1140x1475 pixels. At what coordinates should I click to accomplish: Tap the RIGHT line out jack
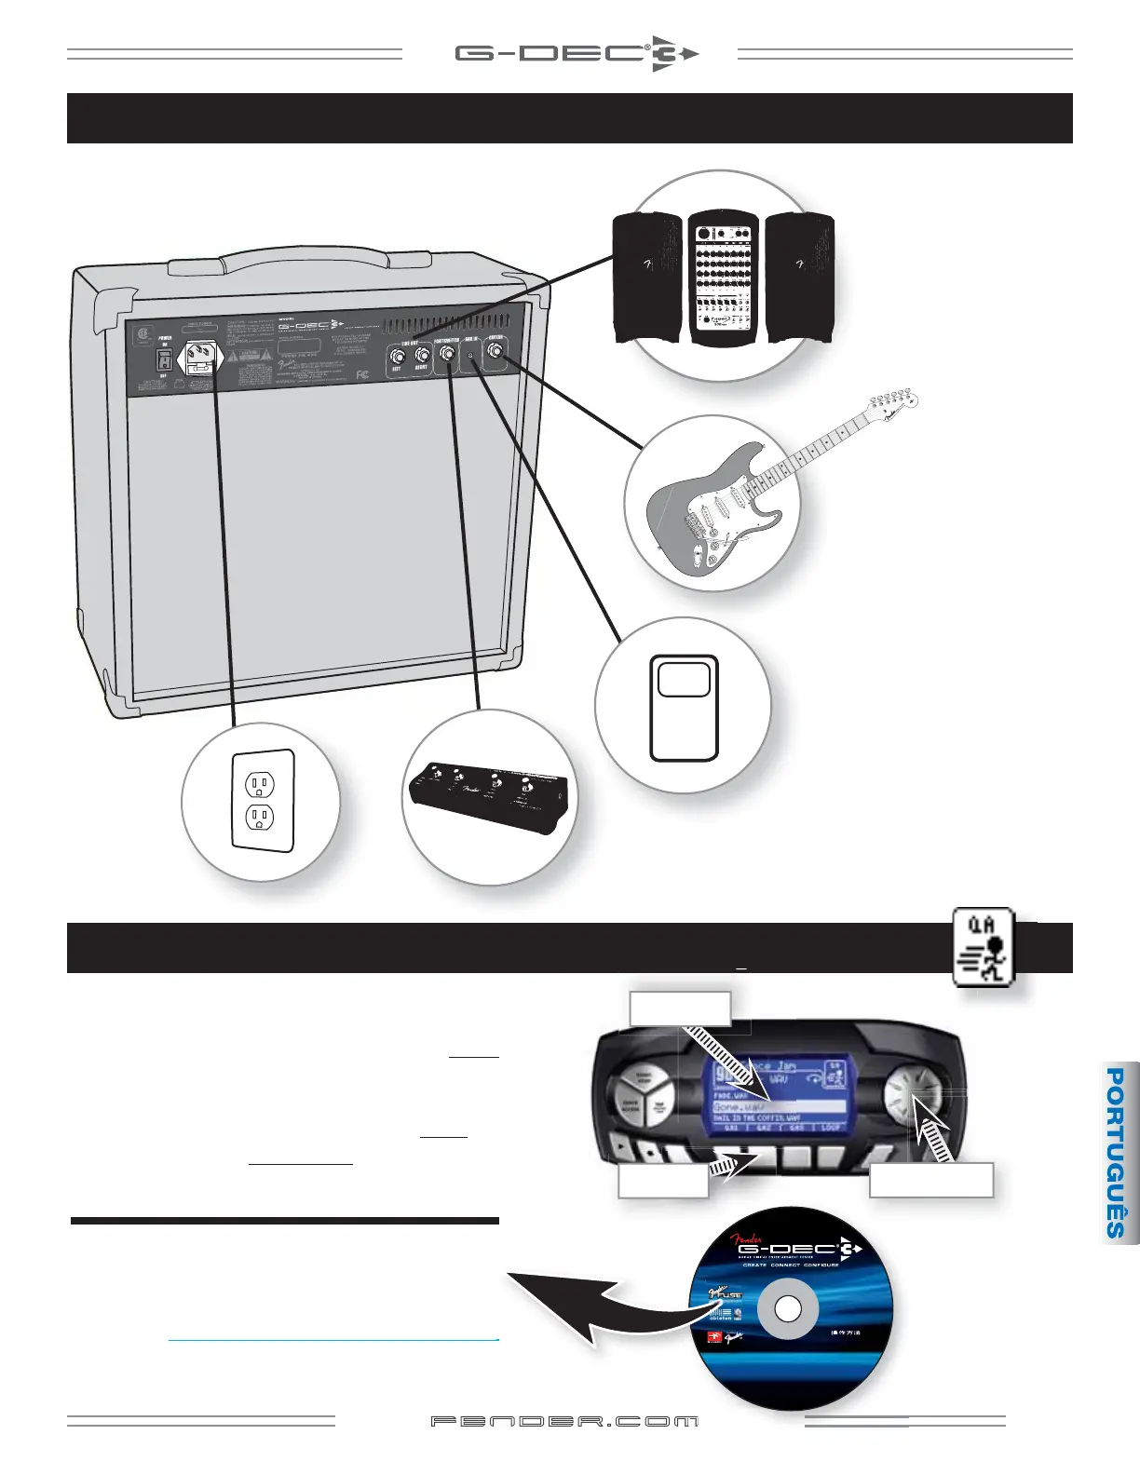pyautogui.click(x=423, y=355)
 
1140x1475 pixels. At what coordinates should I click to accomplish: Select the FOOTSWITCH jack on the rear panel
pyautogui.click(x=447, y=354)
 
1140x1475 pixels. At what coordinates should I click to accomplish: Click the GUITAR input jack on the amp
pyautogui.click(x=495, y=351)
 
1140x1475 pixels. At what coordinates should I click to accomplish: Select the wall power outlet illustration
pyautogui.click(x=262, y=802)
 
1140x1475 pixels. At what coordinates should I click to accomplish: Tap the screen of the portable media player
pyautogui.click(x=685, y=679)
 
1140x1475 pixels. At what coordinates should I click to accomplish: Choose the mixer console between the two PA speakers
pyautogui.click(x=724, y=277)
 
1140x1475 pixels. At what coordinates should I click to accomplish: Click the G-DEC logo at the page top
pyautogui.click(x=577, y=54)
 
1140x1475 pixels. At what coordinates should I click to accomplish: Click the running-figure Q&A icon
pyautogui.click(x=985, y=947)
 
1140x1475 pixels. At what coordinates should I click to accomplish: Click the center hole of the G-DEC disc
pyautogui.click(x=788, y=1309)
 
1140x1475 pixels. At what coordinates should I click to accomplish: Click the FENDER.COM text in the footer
pyautogui.click(x=564, y=1422)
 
